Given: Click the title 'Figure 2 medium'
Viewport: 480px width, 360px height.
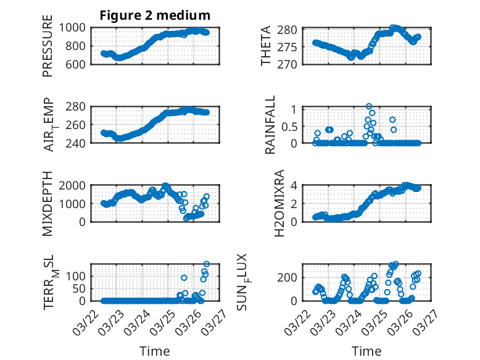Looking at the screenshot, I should (155, 15).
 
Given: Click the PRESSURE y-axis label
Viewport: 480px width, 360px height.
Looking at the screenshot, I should (48, 49).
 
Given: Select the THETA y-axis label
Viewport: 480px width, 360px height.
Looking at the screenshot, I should (266, 46).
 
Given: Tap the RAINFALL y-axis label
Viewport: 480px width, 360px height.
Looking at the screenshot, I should (270, 125).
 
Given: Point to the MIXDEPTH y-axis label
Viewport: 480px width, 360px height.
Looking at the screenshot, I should (48, 203).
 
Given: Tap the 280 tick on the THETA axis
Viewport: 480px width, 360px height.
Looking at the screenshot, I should (292, 30).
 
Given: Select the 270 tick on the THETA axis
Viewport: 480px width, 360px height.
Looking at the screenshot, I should (292, 64).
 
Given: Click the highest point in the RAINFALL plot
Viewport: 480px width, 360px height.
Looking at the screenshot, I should (369, 106).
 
